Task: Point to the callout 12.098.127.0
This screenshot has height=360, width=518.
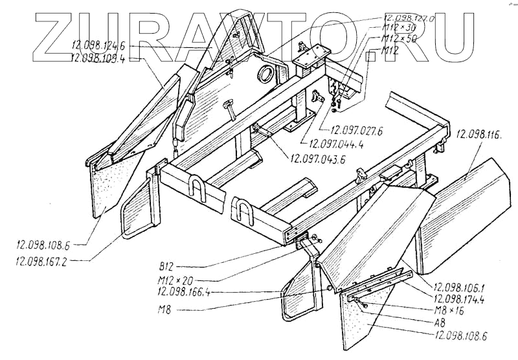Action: [411, 19]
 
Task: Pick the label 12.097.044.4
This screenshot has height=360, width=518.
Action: [336, 144]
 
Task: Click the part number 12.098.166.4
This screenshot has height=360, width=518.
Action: [186, 293]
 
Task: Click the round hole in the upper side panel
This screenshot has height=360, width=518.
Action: [267, 73]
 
